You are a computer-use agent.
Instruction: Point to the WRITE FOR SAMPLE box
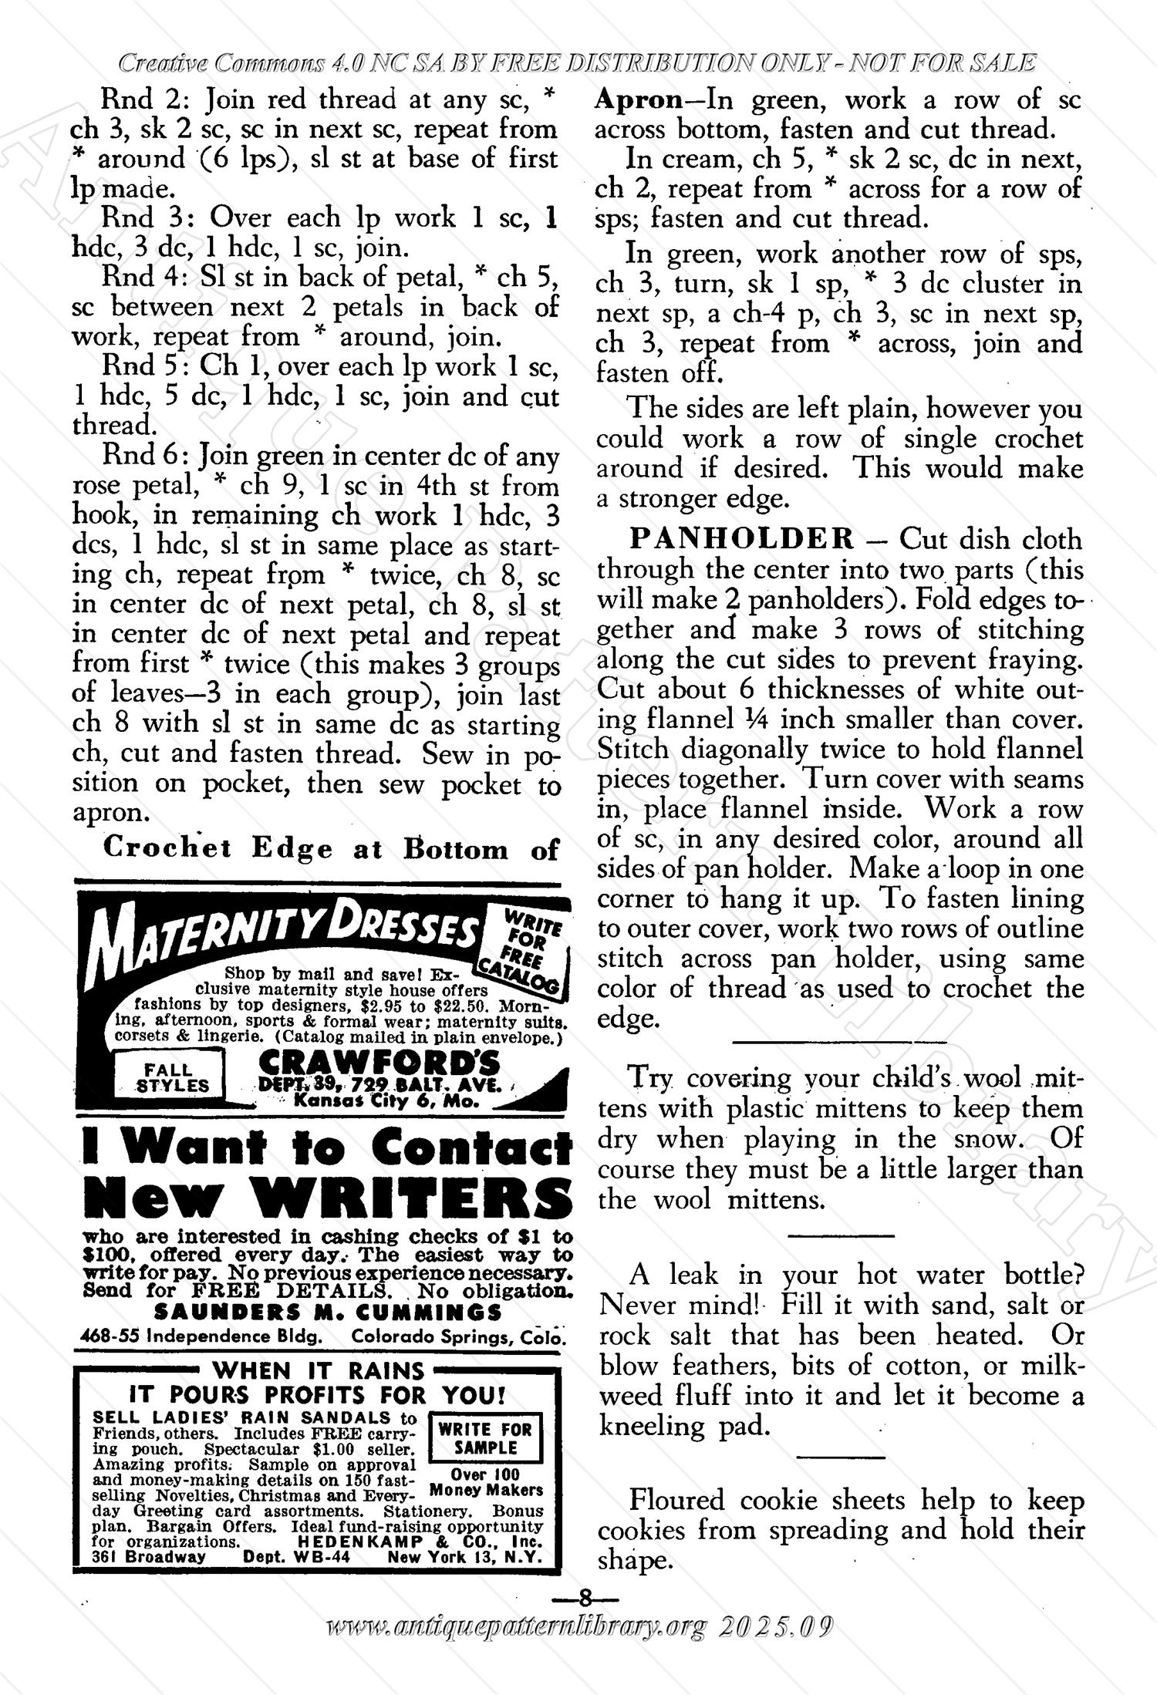tap(485, 1437)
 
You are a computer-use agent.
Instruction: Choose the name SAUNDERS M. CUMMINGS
tap(328, 1312)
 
